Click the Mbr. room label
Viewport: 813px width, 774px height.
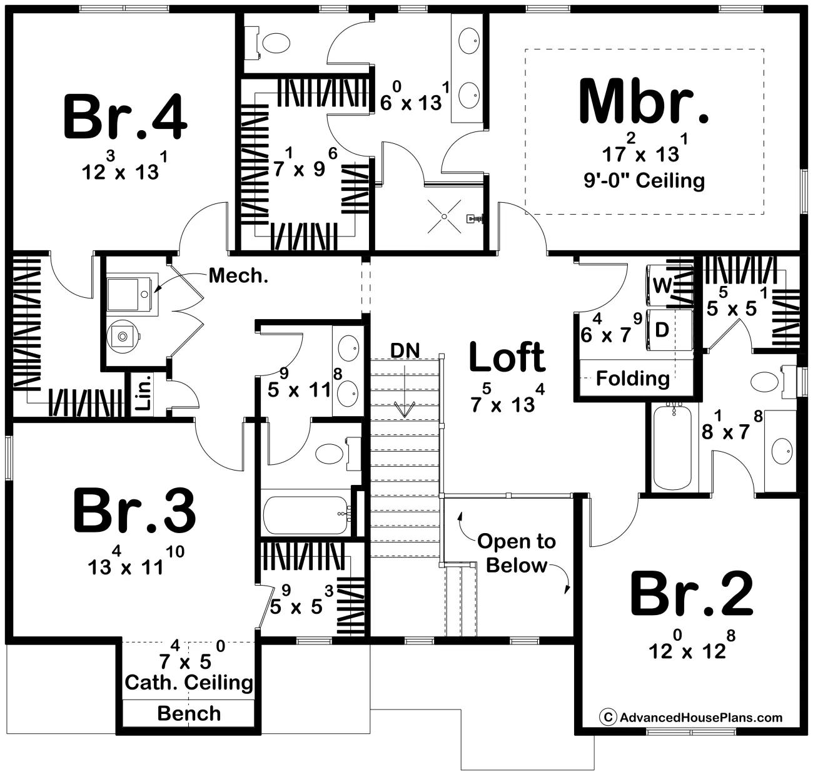644,101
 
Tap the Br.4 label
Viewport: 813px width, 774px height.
125,117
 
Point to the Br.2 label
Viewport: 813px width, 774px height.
692,593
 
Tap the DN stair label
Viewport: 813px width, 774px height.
405,350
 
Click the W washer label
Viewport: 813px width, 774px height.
662,285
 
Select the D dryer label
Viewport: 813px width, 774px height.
662,330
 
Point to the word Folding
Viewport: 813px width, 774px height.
633,379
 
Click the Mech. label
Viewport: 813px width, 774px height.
239,275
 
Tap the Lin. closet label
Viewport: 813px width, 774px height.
143,396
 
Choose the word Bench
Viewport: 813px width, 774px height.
189,713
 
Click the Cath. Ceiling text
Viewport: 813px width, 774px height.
189,683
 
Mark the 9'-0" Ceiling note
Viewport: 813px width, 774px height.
644,181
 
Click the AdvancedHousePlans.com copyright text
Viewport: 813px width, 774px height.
691,717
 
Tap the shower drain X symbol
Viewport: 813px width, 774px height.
444,216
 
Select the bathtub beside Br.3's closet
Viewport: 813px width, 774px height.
306,515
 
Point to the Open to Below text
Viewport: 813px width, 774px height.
517,553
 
